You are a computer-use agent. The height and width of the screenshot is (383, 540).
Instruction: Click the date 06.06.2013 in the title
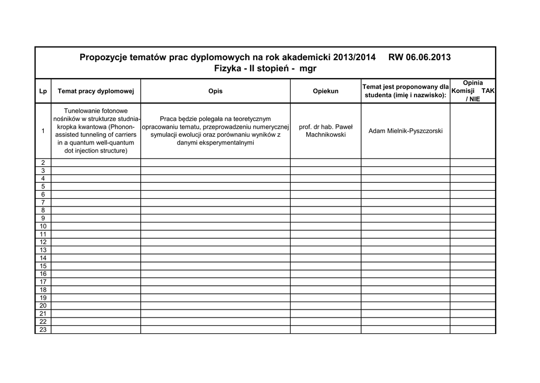pyautogui.click(x=428, y=57)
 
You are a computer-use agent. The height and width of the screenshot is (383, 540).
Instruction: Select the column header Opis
pyautogui.click(x=215, y=91)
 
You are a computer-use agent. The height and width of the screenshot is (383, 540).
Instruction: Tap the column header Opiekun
pyautogui.click(x=325, y=91)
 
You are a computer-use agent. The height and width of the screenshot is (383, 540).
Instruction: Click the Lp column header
pyautogui.click(x=43, y=91)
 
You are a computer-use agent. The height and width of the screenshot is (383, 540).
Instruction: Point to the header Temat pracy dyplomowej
pyautogui.click(x=96, y=91)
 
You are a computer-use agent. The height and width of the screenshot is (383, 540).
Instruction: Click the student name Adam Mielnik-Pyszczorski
pyautogui.click(x=406, y=131)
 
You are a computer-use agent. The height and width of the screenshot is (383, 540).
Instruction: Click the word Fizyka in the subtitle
pyautogui.click(x=228, y=69)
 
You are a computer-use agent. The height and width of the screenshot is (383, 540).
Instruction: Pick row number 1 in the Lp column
pyautogui.click(x=43, y=131)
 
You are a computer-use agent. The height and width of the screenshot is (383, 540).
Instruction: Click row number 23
pyautogui.click(x=43, y=330)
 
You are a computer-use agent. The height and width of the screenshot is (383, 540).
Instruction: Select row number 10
pyautogui.click(x=43, y=226)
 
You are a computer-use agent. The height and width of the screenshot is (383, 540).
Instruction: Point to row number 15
pyautogui.click(x=43, y=266)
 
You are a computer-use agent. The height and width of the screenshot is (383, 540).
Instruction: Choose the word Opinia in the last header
pyautogui.click(x=472, y=83)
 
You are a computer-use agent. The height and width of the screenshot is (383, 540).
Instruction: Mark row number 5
pyautogui.click(x=43, y=186)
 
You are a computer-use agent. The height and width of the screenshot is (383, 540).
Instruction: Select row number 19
pyautogui.click(x=43, y=297)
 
